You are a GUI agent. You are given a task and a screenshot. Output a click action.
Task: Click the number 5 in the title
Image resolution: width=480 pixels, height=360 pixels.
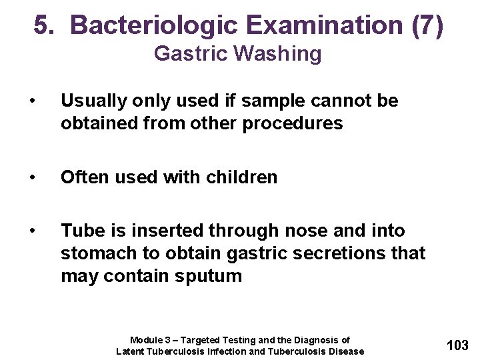43,25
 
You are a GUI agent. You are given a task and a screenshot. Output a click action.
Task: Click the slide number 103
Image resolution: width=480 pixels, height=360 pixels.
457,345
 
